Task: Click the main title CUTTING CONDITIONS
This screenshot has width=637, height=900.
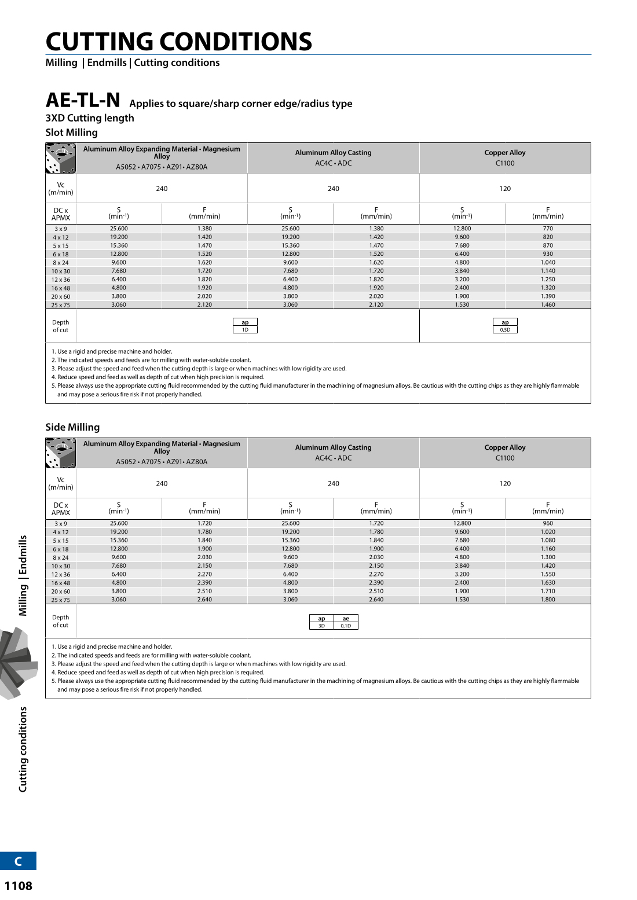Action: click(178, 42)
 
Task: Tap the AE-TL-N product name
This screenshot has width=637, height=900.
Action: click(83, 100)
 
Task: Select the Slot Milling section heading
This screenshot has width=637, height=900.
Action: click(72, 133)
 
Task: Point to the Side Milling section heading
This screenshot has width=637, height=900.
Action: click(72, 427)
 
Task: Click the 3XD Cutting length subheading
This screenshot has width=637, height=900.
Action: click(90, 118)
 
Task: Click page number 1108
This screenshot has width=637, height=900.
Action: click(19, 886)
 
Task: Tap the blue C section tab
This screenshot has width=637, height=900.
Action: click(18, 861)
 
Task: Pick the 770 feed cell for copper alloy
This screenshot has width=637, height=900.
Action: click(548, 229)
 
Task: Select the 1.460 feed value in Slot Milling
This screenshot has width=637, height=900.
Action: click(548, 304)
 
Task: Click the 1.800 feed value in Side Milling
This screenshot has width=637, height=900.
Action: click(548, 600)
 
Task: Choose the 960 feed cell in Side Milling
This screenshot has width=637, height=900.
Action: click(548, 523)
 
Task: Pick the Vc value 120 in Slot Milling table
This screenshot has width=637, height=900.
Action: click(505, 189)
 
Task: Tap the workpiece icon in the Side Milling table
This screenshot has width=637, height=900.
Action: click(61, 453)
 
